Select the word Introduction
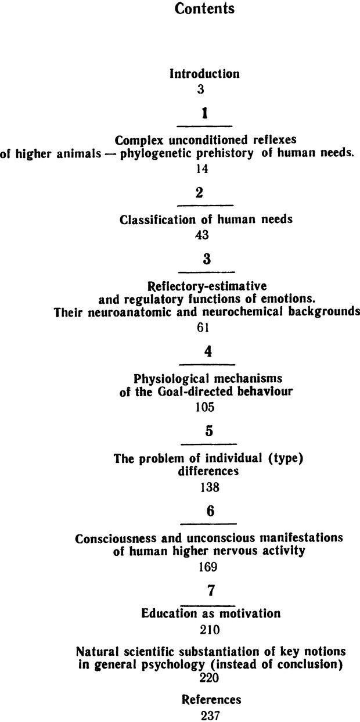coord(204,74)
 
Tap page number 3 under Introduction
coord(200,89)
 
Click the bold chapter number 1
coord(204,114)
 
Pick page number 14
coord(202,169)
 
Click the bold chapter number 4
coord(206,353)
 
